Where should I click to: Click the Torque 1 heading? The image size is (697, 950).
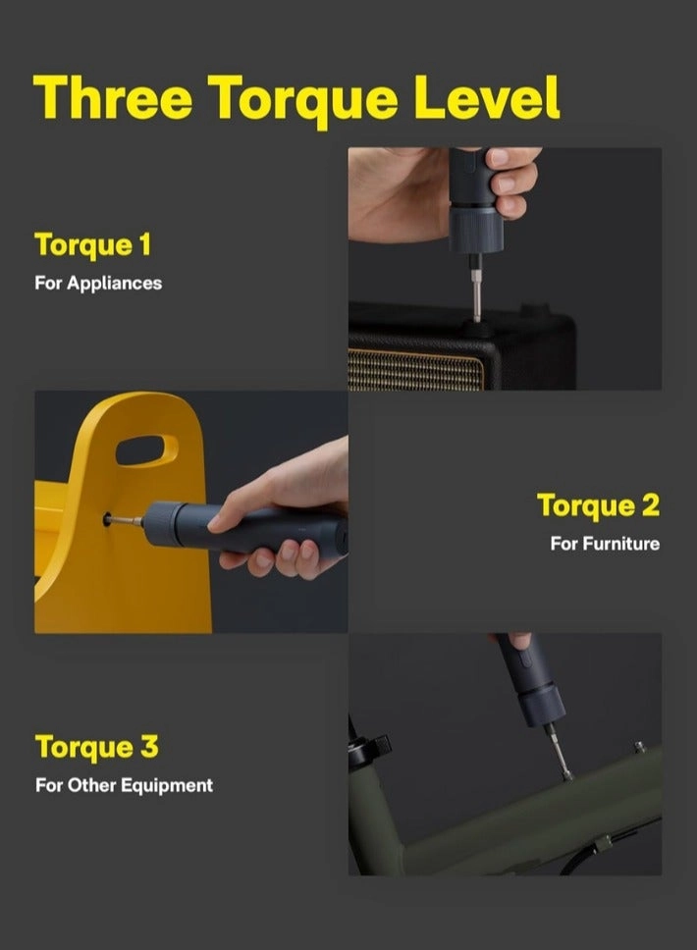pos(93,244)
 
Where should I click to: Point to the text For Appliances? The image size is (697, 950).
pos(98,283)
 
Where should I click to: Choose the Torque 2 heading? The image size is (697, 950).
pos(598,505)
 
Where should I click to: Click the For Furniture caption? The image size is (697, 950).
pos(605,544)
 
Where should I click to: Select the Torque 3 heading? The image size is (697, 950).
pos(96,747)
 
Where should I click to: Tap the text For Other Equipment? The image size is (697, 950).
pos(124,785)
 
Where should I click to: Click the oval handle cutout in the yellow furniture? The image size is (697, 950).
pos(146,449)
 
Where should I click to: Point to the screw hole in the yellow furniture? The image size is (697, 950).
pos(107,519)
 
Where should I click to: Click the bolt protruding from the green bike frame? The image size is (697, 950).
pos(639,748)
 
